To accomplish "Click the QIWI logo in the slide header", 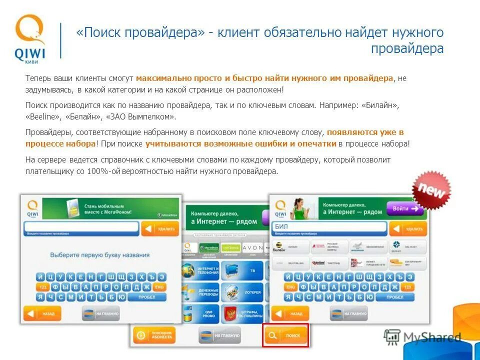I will click(x=30, y=39).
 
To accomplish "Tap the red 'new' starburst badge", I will click(x=431, y=189).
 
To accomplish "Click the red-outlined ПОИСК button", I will click(x=285, y=335).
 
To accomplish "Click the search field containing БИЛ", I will click(x=330, y=228).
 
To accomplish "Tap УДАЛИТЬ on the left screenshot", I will click(x=160, y=229).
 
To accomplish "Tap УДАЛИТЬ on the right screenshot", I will click(x=408, y=229).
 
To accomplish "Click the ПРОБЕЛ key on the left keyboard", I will click(x=146, y=296).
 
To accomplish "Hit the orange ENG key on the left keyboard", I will click(x=159, y=287).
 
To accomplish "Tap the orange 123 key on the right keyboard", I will click(x=408, y=287).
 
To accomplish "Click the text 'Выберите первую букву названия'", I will click(x=100, y=255).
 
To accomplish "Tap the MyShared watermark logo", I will click(x=422, y=337).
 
